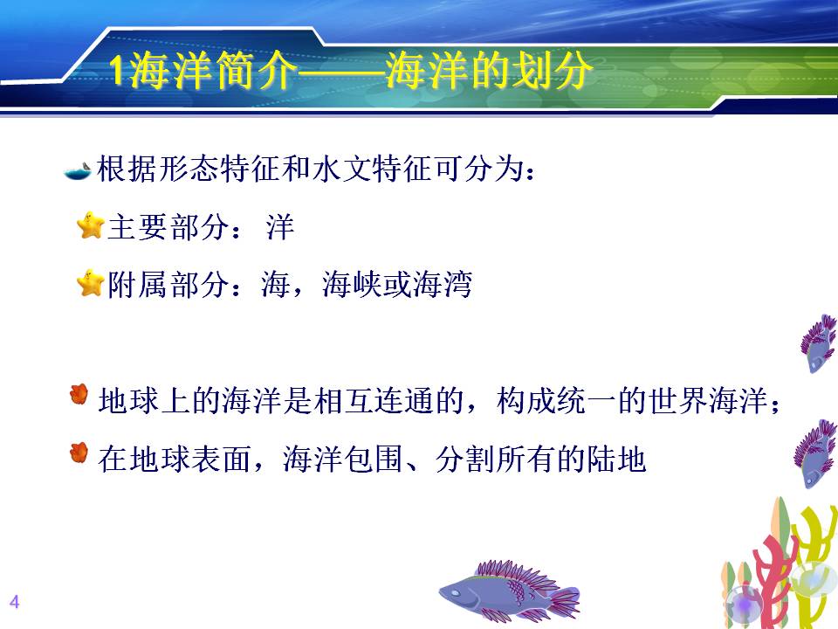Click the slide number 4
(15, 602)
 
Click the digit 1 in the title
(117, 71)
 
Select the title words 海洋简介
(211, 70)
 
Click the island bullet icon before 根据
(78, 171)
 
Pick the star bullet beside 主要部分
(90, 225)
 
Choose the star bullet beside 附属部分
(90, 283)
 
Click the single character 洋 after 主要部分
(280, 227)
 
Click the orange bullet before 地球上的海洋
(79, 395)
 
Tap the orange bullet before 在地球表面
(79, 453)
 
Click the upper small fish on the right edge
(819, 343)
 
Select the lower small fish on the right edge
(814, 453)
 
